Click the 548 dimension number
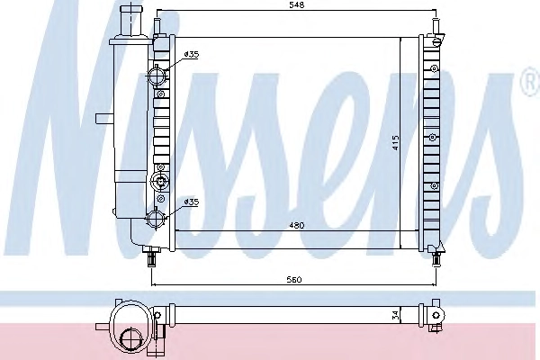pyautogui.click(x=296, y=4)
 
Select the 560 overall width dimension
pyautogui.click(x=293, y=279)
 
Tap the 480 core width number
pyautogui.click(x=296, y=226)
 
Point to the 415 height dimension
pyautogui.click(x=395, y=142)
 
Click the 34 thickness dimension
pyautogui.click(x=395, y=315)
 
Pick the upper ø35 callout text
pyautogui.click(x=192, y=54)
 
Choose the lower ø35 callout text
pyautogui.click(x=192, y=202)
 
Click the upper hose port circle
pyautogui.click(x=157, y=76)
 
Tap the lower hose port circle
pyautogui.click(x=157, y=218)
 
